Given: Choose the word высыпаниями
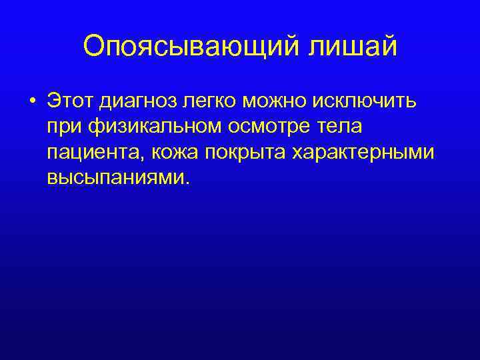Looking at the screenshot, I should point(117,177).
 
